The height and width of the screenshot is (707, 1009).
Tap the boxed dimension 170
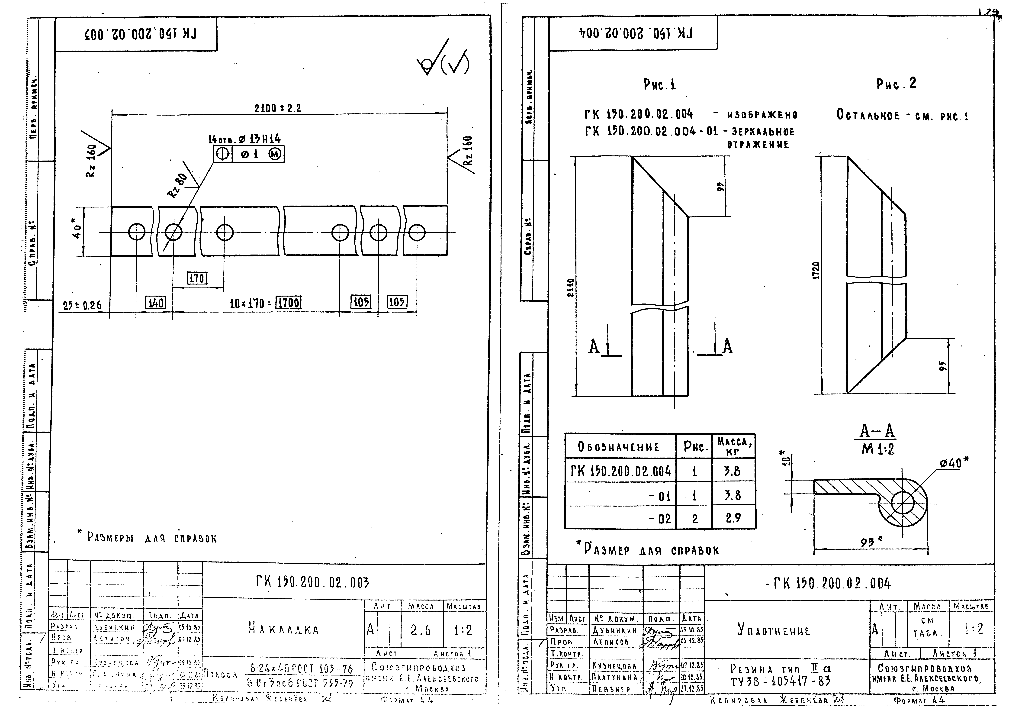tap(197, 278)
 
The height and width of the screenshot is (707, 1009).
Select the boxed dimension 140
tap(156, 303)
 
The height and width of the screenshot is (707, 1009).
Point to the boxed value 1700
tap(288, 303)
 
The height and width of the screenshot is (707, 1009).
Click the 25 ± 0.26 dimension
tap(82, 305)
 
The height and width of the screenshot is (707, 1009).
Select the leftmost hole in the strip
tap(137, 232)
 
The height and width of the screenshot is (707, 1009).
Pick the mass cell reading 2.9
tap(733, 518)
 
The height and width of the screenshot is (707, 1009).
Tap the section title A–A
tap(877, 431)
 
